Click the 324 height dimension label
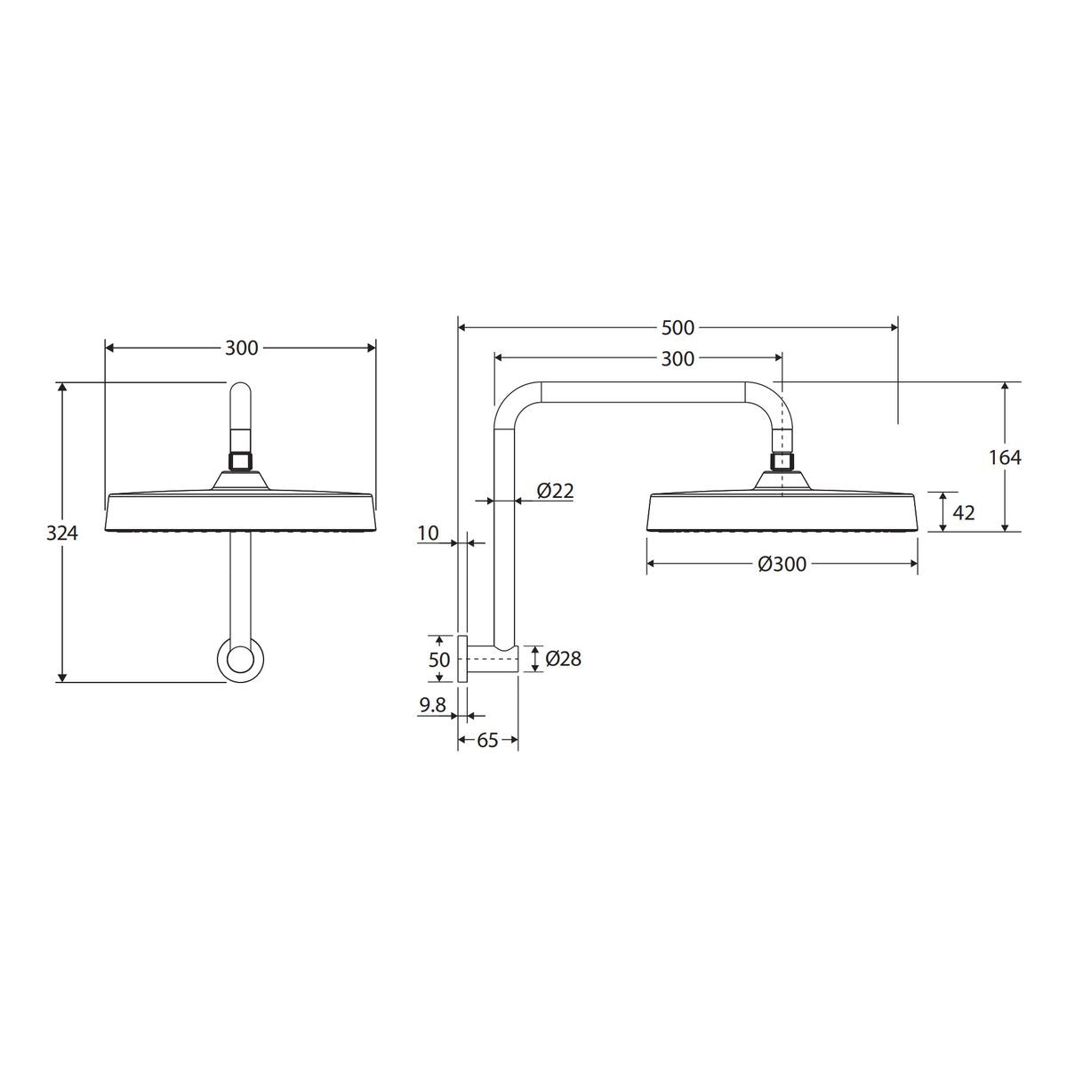(62, 533)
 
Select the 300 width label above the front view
(242, 348)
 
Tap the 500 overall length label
(678, 328)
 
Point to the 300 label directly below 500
(678, 359)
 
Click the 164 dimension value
(1005, 457)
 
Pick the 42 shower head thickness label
(964, 513)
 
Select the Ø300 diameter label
(782, 565)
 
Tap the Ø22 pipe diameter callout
(556, 491)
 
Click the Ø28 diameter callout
(563, 658)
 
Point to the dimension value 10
(428, 533)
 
